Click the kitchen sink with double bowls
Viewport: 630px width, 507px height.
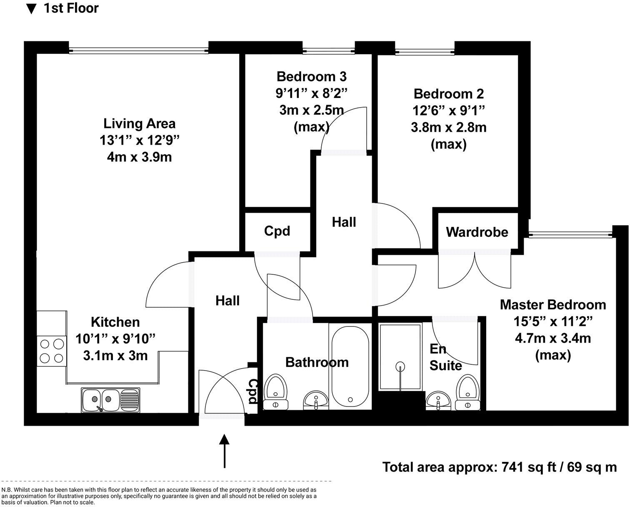coord(111,400)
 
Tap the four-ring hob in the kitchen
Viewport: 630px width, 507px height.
coord(52,351)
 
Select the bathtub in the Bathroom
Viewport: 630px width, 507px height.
coord(350,366)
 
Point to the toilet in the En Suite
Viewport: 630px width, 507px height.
coord(467,392)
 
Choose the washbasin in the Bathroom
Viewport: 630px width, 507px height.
coord(316,400)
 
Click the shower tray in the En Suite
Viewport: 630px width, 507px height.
coord(400,356)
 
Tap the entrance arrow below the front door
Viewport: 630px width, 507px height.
coord(224,451)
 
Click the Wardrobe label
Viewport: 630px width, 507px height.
coord(477,232)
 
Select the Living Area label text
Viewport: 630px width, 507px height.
coord(139,123)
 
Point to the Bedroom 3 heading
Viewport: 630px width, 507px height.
coord(312,76)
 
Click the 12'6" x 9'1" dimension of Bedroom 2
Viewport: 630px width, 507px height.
coord(448,110)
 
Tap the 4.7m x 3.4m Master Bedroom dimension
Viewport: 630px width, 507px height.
coord(553,338)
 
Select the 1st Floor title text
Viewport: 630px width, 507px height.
coord(71,8)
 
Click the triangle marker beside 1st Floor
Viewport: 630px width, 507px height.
coord(31,9)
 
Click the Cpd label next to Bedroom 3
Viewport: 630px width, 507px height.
coord(277,231)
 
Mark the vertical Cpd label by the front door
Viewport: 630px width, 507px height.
coord(253,391)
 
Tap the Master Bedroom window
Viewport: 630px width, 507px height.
coord(570,234)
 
